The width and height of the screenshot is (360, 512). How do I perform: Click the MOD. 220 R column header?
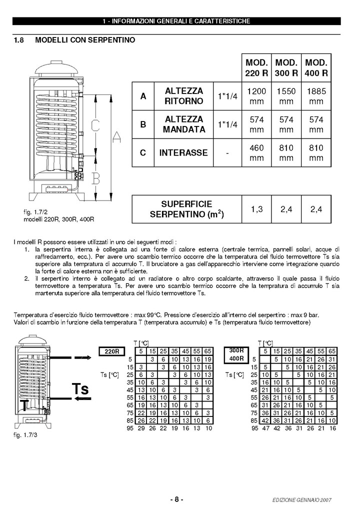257,67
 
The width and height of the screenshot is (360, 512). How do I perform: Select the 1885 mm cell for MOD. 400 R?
316,96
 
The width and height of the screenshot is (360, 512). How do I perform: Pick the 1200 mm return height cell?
257,96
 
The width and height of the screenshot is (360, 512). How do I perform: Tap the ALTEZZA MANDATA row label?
184,124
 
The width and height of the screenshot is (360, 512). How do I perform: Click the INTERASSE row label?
183,152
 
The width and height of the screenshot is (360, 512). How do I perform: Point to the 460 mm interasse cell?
257,152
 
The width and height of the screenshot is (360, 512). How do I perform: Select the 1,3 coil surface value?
257,209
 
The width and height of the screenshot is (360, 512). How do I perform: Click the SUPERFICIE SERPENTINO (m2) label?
187,209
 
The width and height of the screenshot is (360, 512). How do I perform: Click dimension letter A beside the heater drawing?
116,136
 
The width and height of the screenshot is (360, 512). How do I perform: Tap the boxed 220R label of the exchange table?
112,351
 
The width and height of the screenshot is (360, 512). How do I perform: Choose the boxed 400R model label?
235,358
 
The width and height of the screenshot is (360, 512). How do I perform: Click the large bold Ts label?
79,389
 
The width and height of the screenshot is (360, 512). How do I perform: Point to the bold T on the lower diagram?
23,403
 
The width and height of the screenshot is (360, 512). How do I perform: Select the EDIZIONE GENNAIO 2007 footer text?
302,500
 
